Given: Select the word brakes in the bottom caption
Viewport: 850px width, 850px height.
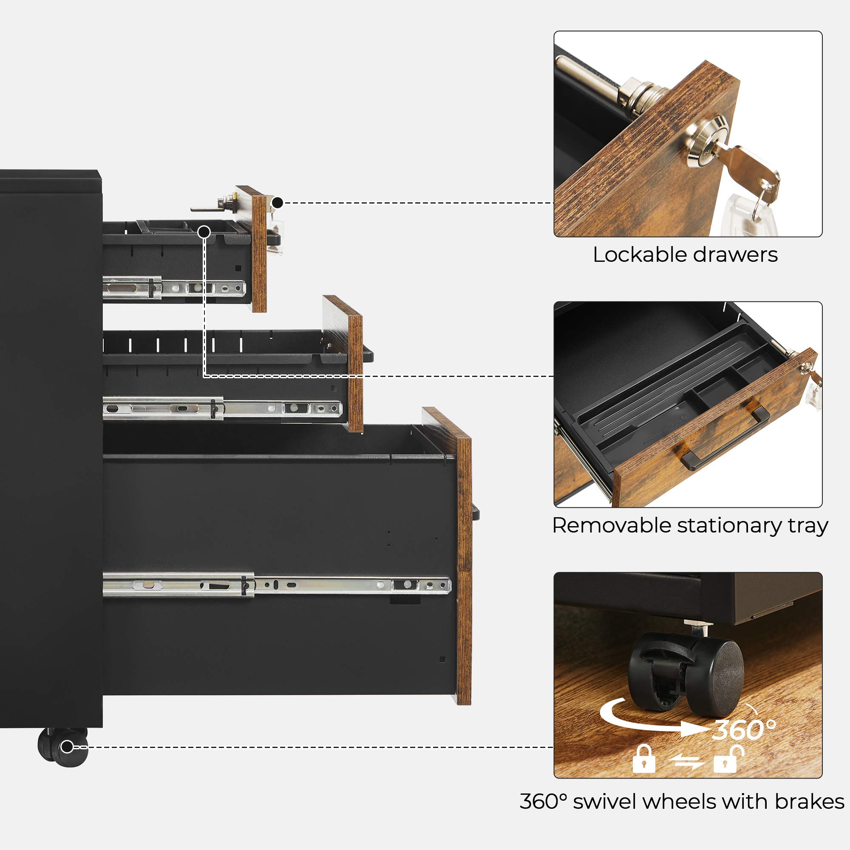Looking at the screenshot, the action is coord(809,801).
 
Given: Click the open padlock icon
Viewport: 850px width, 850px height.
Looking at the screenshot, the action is coord(728,759).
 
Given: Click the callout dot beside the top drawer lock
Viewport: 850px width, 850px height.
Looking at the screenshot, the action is coord(277,203).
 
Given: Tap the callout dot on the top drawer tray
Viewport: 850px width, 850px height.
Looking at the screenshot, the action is coord(204,232).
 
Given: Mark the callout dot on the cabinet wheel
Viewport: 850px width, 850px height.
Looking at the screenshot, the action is coord(67,747).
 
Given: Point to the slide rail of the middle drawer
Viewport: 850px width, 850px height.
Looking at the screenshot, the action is coord(223,408).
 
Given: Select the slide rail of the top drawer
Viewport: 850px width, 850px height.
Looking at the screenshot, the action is coord(174,288).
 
